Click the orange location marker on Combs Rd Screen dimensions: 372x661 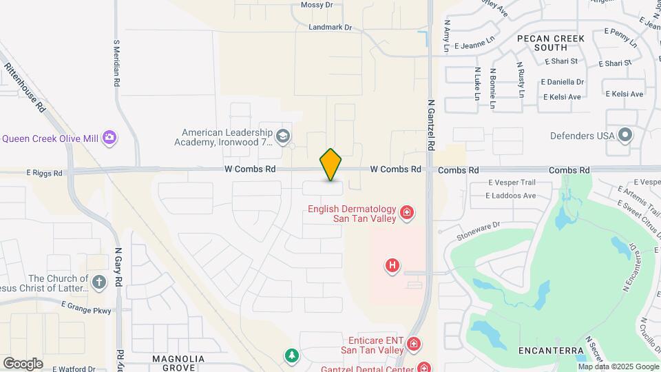pos(330,164)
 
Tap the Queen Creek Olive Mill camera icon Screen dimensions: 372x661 pos(109,138)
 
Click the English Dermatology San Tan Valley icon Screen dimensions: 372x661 pos(407,213)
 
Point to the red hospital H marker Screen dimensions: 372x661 pos(392,265)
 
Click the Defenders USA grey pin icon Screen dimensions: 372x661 pos(625,135)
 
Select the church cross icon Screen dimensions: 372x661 pos(99,282)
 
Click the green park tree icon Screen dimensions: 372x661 pos(292,355)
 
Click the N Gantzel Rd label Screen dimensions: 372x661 pos(432,125)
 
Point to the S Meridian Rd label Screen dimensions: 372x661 pos(116,63)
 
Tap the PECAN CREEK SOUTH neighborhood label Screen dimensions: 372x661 pos(551,43)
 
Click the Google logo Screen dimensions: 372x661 pos(23,363)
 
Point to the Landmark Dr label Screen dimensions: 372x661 pos(330,28)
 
